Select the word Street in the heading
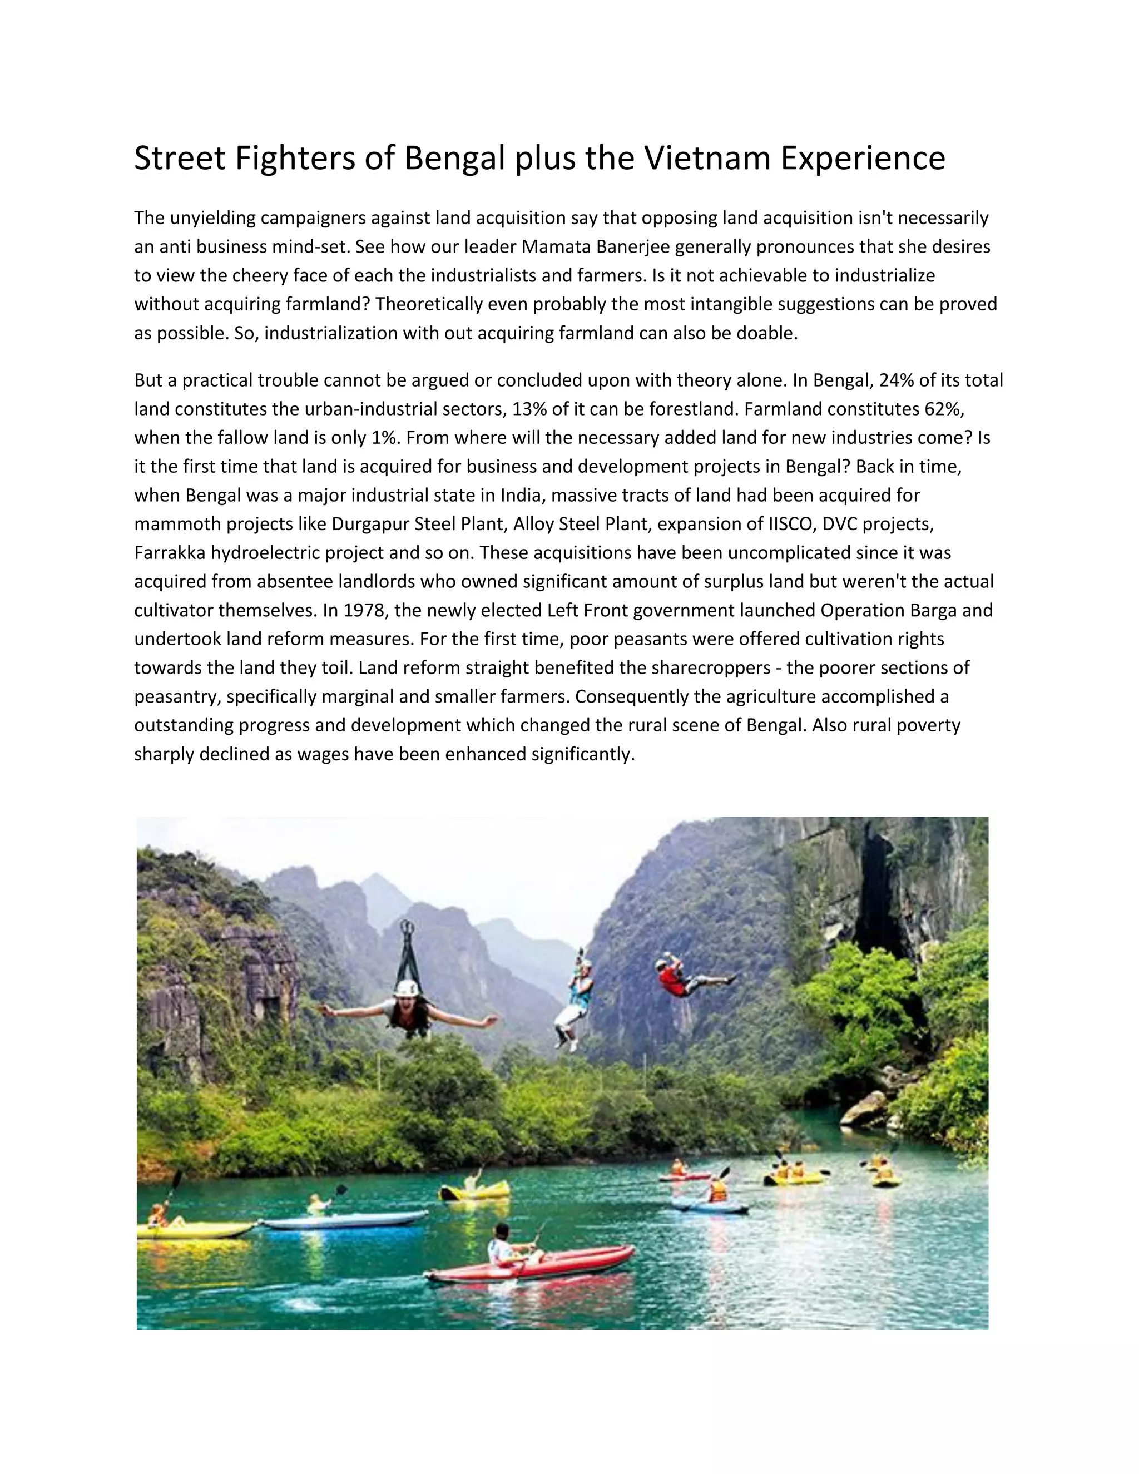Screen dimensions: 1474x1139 [180, 159]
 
